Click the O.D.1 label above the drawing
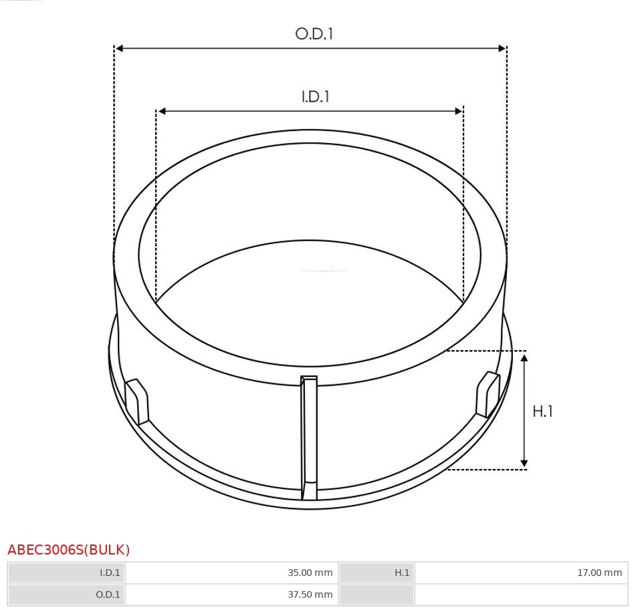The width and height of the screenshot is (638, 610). pos(314,34)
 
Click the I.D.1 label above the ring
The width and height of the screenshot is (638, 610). pos(316,97)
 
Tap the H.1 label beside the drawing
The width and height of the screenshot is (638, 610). pos(542,412)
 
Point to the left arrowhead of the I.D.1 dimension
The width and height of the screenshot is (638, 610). pos(161,111)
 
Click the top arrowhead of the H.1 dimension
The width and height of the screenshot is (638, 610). pos(524,359)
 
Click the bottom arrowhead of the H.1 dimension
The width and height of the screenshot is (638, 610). pos(524,462)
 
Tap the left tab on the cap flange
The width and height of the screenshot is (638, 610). pos(137,401)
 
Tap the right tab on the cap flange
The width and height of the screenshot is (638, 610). pos(487,395)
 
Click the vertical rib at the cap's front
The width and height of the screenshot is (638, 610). pos(309,438)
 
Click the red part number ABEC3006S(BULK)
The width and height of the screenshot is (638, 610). pos(69,550)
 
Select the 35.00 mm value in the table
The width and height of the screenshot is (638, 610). pos(310,573)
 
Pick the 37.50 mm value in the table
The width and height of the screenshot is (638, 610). pos(310,595)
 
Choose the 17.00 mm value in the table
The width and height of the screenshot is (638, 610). pos(599,573)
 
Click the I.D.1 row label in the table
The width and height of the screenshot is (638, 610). pos(110,573)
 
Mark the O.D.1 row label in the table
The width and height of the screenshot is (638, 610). pos(108,595)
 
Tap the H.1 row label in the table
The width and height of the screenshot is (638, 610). pos(401,573)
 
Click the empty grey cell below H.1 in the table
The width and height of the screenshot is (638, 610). pos(377,595)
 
